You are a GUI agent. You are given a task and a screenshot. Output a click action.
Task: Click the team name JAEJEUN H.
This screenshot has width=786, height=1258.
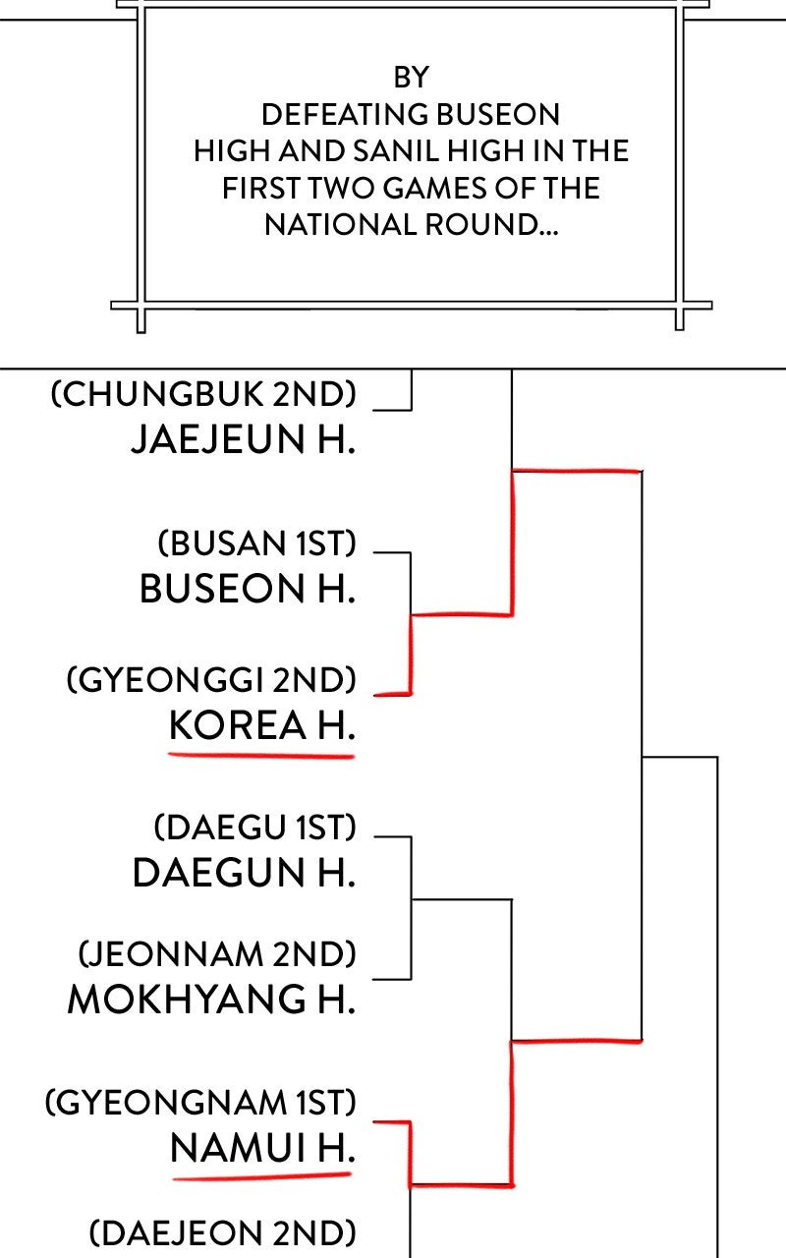coord(243,438)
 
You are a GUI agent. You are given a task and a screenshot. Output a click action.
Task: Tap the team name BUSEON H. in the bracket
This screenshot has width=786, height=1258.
coord(248,589)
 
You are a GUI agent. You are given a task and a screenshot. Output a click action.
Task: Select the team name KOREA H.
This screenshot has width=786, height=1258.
coord(262,725)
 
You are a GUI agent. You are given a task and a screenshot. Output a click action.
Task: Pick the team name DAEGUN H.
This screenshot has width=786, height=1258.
coord(244,873)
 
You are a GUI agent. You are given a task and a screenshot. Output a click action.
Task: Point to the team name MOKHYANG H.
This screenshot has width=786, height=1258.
coord(211,1000)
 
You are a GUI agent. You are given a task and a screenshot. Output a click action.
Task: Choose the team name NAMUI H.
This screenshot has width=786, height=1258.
coord(262,1147)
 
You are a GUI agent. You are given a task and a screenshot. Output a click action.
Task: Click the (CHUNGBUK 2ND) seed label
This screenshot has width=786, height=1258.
coord(203,394)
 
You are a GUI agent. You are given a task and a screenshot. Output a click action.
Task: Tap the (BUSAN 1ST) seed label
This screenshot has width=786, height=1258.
coord(256,543)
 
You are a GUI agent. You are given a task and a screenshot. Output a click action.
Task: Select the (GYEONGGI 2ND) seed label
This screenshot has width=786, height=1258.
coord(211,679)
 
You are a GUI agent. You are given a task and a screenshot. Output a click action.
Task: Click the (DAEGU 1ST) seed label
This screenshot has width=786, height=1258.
coord(254,828)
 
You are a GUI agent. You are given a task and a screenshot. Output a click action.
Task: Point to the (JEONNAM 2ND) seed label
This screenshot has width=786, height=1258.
coord(217,954)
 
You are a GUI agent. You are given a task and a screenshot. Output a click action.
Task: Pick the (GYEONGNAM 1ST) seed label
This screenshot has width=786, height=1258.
coord(200,1102)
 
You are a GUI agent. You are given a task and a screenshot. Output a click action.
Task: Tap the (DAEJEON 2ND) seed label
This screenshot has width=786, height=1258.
coord(222,1232)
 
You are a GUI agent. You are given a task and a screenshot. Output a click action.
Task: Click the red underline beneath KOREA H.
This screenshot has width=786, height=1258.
coord(261,756)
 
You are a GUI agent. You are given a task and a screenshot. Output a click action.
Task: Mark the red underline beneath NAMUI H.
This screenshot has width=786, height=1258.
coord(262,1175)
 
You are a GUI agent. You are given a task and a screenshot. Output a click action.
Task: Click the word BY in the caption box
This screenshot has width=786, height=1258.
coord(412,78)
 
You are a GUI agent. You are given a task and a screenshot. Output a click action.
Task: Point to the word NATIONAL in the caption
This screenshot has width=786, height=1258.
coord(341,225)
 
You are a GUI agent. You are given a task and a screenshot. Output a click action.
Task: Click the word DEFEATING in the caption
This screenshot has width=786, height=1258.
coord(345,115)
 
